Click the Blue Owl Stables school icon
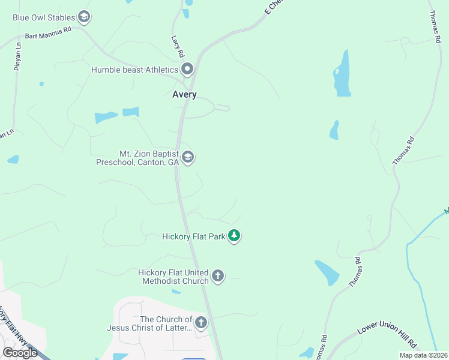[84, 17]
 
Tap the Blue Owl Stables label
[44, 17]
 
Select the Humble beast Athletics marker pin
[187, 70]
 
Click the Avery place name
[184, 95]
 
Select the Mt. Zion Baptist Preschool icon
[188, 158]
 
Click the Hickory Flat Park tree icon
[234, 236]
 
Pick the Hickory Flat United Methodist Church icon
[218, 277]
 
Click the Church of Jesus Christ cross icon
[200, 323]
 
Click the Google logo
[20, 353]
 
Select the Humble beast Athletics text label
[135, 70]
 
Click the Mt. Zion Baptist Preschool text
[137, 158]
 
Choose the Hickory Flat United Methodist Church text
[173, 277]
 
